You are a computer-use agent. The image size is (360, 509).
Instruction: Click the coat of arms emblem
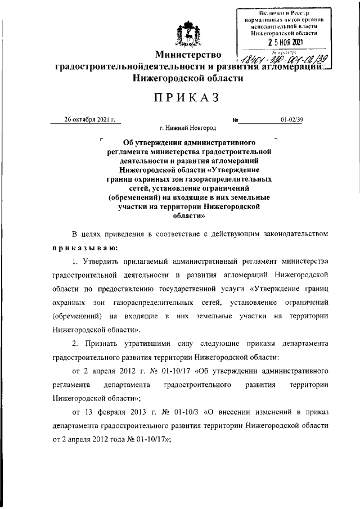point(188,33)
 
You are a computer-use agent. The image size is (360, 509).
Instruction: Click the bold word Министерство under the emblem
point(188,56)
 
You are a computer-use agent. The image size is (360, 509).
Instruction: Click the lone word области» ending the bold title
point(187,216)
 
